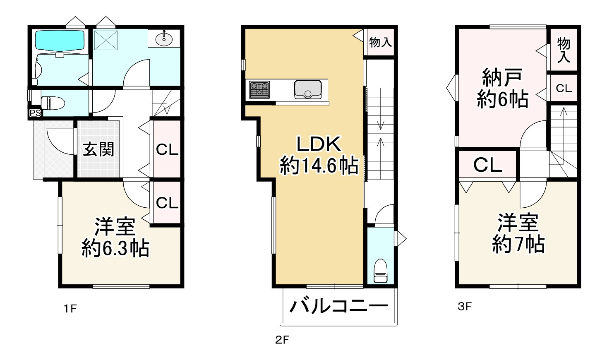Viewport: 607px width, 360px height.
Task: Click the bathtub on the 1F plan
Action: [60, 41]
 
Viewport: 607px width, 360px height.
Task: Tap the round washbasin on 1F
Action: [164, 39]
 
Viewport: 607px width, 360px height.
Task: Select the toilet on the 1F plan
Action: [52, 102]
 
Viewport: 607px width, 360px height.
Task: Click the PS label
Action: [35, 113]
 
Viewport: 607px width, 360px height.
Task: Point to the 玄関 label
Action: [98, 149]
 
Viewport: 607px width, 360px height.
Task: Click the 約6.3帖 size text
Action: [115, 248]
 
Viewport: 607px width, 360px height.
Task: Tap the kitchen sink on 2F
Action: [308, 89]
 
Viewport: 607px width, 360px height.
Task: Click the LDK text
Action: [319, 144]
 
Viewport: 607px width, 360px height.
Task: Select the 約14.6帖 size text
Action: [319, 166]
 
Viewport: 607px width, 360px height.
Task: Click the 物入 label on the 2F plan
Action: [380, 42]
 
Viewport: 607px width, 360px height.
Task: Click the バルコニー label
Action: [338, 307]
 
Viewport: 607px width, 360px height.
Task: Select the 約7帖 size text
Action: [518, 244]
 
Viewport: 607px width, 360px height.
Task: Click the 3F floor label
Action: [465, 307]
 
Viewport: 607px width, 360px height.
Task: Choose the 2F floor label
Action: [282, 340]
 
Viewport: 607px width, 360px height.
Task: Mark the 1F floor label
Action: [70, 308]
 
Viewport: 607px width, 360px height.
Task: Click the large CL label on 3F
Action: [488, 165]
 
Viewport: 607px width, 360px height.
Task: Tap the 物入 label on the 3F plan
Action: [564, 50]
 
